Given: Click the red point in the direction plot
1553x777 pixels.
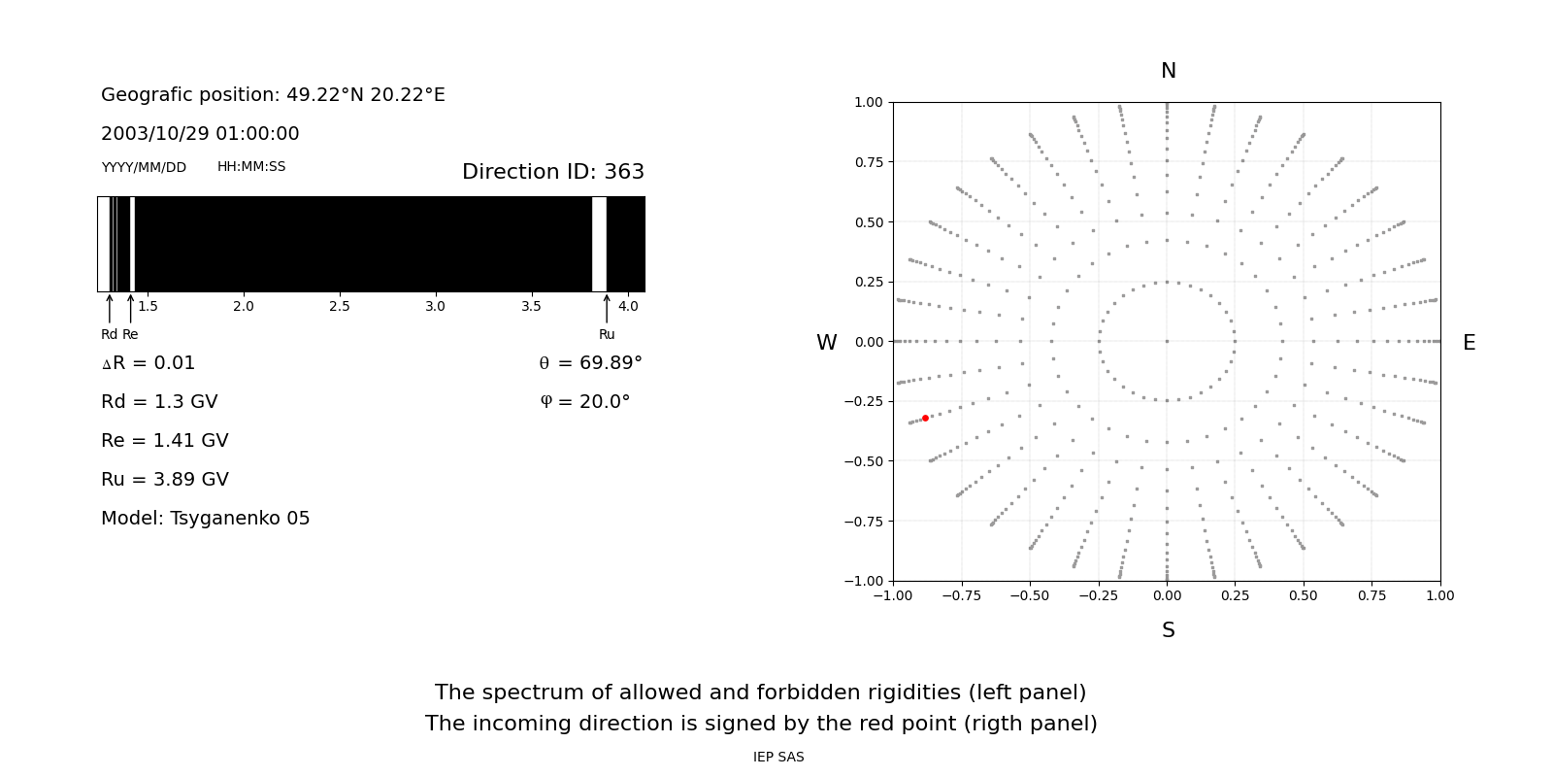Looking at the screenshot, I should point(925,419).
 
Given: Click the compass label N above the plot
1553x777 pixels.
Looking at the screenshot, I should point(1169,71).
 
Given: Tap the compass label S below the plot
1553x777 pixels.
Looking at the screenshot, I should point(1169,630).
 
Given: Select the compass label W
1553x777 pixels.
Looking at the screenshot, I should point(827,343).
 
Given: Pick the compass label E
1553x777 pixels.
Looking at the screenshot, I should point(1469,343).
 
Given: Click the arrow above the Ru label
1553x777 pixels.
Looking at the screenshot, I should point(607,308).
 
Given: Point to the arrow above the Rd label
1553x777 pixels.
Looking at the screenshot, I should point(109,308).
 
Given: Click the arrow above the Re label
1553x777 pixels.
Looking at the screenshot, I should point(130,308).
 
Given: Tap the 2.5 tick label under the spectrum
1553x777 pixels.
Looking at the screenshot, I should point(339,307).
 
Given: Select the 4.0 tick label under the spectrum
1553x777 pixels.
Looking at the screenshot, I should point(628,307).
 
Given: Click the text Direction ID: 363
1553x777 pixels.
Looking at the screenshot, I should point(553,172).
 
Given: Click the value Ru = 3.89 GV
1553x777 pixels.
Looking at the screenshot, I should point(165,480).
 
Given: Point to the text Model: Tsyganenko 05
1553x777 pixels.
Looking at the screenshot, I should point(206,519).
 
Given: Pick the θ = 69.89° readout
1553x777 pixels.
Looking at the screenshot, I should point(590,363).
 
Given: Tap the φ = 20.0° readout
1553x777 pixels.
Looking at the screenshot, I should point(585,402).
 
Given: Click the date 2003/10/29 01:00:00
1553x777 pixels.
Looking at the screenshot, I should point(200,134).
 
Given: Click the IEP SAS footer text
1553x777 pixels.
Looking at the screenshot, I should point(778,758).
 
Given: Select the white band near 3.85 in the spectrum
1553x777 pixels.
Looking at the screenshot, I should point(599,244).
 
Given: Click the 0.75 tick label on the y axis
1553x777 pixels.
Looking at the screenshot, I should point(869,162).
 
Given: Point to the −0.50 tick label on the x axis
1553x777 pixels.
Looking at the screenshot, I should point(1030,596).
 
